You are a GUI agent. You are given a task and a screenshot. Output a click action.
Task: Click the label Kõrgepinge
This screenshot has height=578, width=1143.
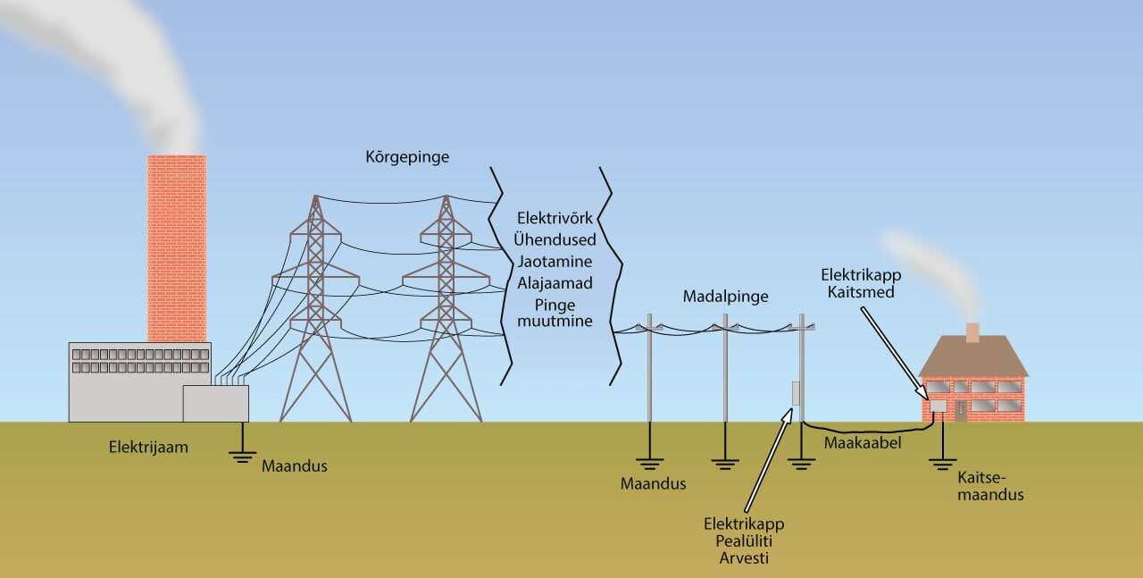click(407, 157)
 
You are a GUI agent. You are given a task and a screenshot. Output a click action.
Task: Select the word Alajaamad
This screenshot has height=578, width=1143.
click(555, 283)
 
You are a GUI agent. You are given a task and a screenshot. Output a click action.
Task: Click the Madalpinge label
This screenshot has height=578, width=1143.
click(725, 296)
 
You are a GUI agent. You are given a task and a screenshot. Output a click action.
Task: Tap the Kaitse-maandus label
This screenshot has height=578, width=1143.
click(989, 486)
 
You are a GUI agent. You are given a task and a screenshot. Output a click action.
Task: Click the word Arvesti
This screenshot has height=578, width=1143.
click(743, 558)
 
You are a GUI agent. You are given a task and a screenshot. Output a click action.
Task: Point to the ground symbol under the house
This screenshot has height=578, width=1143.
click(939, 462)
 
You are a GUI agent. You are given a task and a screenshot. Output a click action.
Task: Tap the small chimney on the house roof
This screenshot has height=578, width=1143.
click(972, 333)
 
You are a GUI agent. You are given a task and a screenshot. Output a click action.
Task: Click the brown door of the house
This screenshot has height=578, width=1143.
click(961, 411)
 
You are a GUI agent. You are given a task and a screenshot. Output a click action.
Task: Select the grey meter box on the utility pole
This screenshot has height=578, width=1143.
click(795, 393)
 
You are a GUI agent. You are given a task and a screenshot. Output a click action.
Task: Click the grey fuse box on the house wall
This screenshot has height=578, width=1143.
click(939, 406)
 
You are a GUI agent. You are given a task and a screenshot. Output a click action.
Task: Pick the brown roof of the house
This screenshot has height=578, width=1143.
click(972, 359)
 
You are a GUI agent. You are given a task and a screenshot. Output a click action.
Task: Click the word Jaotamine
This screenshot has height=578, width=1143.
click(555, 262)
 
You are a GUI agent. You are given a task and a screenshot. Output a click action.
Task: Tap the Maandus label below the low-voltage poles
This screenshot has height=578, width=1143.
click(654, 484)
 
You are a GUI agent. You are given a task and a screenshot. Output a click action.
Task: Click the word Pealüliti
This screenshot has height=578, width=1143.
click(743, 541)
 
